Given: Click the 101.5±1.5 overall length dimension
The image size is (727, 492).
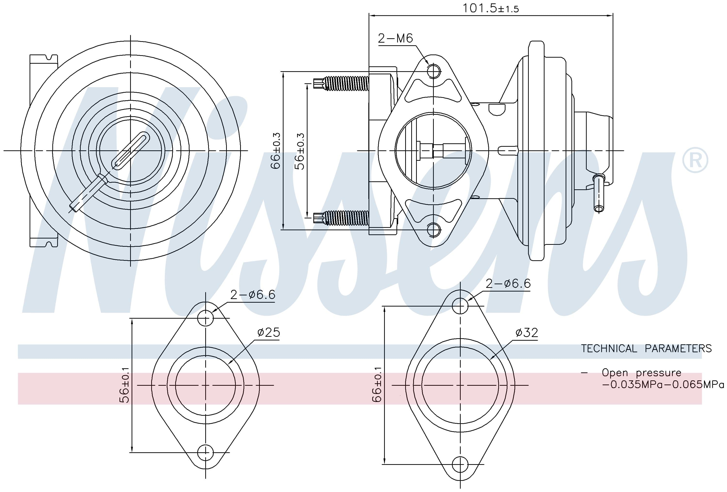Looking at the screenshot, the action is tap(490, 8).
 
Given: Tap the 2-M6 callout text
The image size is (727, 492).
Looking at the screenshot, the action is tap(395, 38).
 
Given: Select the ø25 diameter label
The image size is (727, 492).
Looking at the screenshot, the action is tap(269, 332).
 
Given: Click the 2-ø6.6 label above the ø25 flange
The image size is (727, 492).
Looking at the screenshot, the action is tap(253, 294).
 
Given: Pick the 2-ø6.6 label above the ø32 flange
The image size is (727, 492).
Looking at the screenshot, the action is tap(508, 284).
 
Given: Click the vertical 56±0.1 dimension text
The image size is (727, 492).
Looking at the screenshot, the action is tap(124, 385).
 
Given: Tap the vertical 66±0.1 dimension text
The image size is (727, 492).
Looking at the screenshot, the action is tap(377, 384).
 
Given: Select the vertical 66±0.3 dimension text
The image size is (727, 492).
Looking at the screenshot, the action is tap(275, 151).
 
